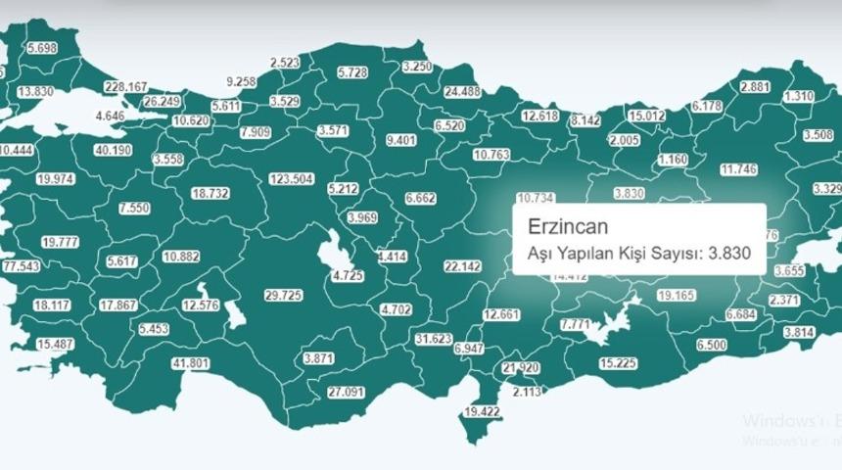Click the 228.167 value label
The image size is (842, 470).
(x=125, y=86)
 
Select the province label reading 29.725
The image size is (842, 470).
(x=284, y=294)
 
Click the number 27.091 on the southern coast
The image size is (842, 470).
(x=346, y=392)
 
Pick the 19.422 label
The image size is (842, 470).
(x=482, y=412)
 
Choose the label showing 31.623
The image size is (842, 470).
(x=434, y=339)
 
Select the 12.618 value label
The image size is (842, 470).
(x=539, y=116)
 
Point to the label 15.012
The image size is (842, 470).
(x=646, y=116)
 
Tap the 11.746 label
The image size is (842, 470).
(x=738, y=168)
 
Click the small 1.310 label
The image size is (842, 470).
(x=800, y=96)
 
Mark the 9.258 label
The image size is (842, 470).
(x=240, y=81)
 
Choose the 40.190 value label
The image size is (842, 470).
(x=113, y=150)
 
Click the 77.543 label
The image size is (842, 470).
(x=21, y=266)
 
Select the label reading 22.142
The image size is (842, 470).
(x=462, y=265)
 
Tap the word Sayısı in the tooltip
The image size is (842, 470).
(x=675, y=254)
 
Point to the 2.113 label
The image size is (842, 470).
(x=527, y=392)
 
